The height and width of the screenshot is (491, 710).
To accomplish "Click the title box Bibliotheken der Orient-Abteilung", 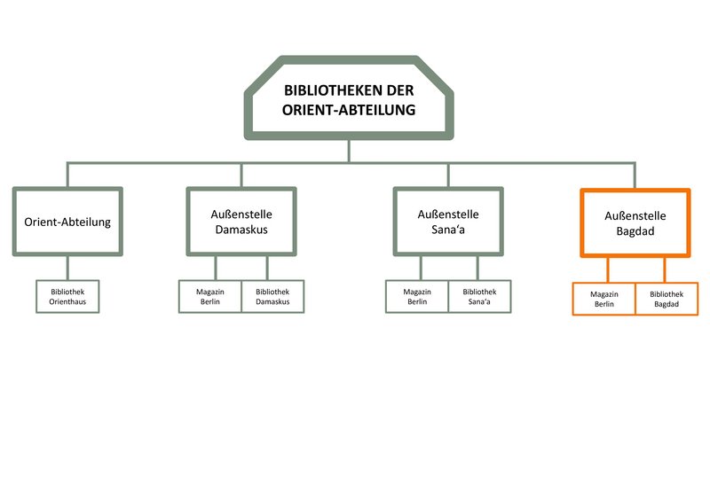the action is (349, 97).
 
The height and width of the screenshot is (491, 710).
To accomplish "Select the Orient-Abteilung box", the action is (67, 222).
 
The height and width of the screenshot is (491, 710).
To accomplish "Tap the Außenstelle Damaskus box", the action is (241, 222).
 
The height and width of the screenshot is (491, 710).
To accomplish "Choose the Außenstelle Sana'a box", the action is (448, 222).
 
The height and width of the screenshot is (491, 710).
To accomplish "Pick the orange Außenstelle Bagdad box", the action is (635, 222).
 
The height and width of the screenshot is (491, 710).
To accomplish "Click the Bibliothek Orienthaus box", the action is (67, 297).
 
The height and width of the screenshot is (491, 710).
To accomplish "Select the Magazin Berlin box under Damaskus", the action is (210, 297).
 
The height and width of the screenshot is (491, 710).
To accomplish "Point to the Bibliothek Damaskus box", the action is (272, 297).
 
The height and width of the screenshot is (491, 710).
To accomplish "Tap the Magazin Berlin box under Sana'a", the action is (417, 297).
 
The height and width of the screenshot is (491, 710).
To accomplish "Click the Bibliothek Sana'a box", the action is (479, 297).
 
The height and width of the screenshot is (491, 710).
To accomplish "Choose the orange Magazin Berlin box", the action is (604, 299).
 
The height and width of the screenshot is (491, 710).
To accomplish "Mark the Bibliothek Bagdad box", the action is (667, 299).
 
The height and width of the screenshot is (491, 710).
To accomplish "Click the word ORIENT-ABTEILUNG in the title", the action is (349, 110).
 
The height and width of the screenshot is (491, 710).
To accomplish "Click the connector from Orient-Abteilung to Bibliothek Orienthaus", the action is (67, 269).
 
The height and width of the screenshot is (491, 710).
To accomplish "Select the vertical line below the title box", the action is (349, 151).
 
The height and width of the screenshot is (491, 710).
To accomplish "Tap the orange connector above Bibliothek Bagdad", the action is (664, 270).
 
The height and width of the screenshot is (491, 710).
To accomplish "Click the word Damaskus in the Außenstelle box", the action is (241, 230).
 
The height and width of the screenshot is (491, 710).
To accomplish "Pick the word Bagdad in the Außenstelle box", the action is (635, 231).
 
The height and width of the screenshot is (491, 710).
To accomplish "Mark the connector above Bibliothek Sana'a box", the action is (477, 269).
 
